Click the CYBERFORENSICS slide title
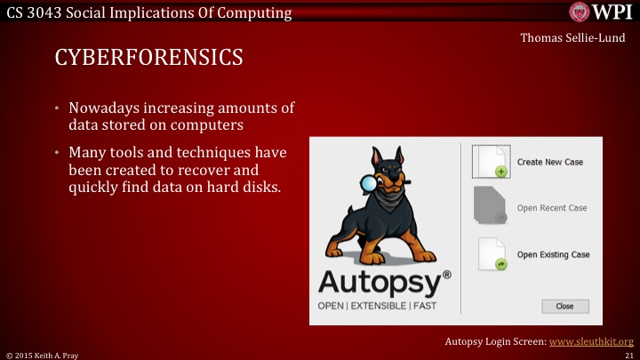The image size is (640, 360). pos(149,59)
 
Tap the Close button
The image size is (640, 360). pos(564,306)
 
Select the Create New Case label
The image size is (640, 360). pos(551,163)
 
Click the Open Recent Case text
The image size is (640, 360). pos(552,208)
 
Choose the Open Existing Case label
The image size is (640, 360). pos(553,254)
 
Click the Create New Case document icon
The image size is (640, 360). pos(491,162)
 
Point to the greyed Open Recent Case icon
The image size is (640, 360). pos(491,208)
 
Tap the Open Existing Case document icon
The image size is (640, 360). pos(491,254)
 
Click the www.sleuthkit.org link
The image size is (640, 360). pos(592,341)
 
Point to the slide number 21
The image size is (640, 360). pos(628,354)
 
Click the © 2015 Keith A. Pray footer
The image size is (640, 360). pos(42,354)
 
